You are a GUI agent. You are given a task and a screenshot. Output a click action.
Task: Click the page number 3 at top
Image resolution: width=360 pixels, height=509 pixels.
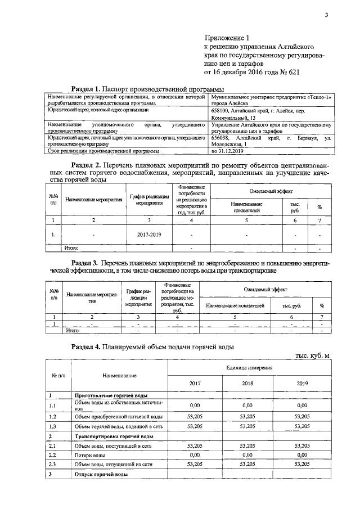pyautogui.click(x=326, y=15)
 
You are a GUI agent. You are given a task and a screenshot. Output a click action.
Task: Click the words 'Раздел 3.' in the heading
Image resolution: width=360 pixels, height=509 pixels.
pyautogui.click(x=87, y=263)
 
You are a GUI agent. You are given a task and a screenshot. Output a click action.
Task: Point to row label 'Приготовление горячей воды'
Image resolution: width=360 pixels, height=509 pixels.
pyautogui.click(x=112, y=396)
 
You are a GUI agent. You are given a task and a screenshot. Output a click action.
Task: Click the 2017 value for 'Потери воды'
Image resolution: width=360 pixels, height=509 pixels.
pyautogui.click(x=195, y=454)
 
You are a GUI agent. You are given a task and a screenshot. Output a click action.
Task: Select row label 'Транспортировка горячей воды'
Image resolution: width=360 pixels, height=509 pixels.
pyautogui.click(x=114, y=436)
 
